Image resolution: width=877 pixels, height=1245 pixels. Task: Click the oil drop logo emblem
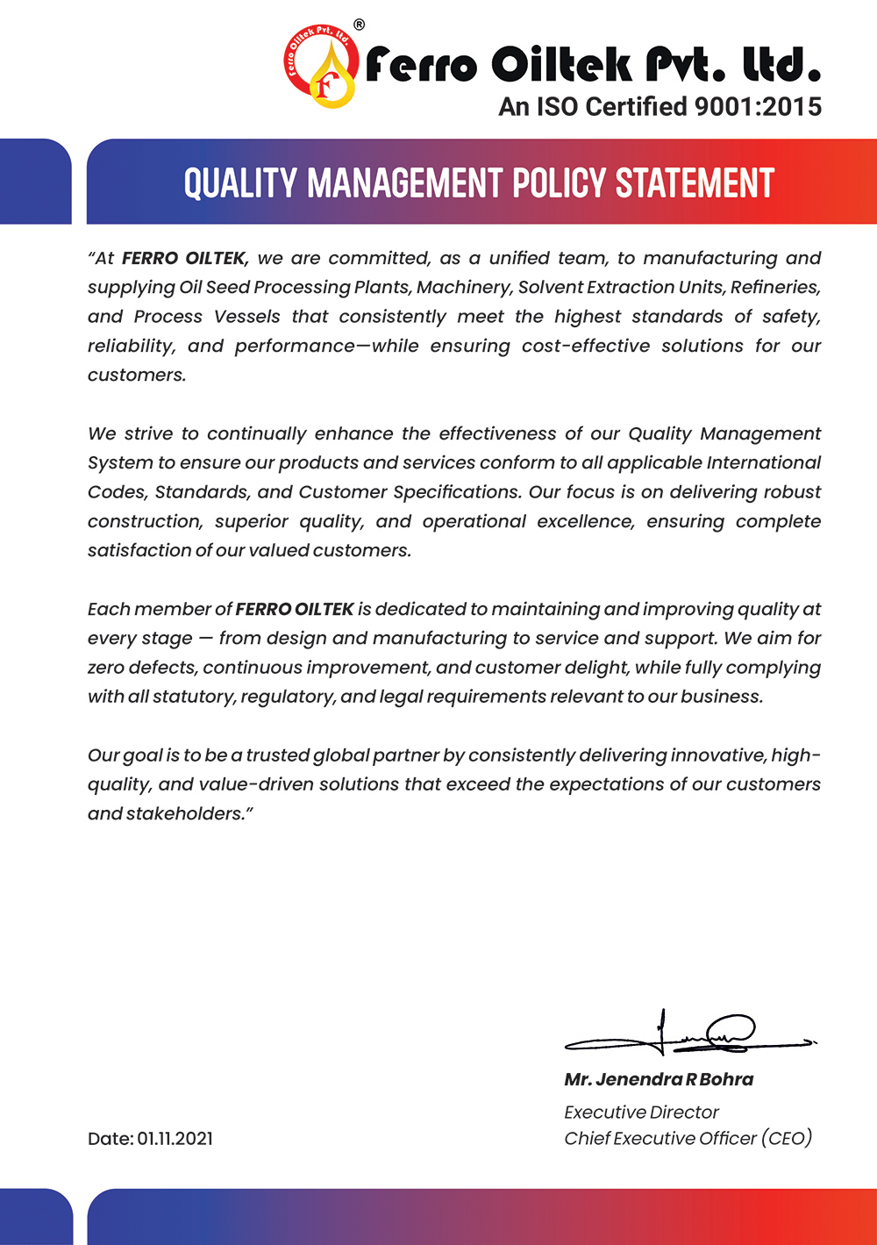click(321, 66)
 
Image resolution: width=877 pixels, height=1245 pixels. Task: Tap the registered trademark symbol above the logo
click(360, 25)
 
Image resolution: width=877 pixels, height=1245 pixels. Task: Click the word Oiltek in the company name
click(561, 64)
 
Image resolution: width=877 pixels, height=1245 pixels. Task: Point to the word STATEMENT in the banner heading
click(695, 183)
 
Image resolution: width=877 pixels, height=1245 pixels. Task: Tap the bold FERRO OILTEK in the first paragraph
click(185, 258)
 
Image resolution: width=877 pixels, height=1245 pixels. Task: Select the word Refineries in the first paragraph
click(774, 287)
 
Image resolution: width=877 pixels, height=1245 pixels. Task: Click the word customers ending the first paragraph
click(136, 376)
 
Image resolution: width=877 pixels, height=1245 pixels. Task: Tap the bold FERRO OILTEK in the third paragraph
click(295, 609)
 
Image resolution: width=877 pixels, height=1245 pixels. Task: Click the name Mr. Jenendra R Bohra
click(659, 1080)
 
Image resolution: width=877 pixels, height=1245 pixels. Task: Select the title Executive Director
click(641, 1113)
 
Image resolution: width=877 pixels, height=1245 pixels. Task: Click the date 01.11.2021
click(175, 1139)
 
